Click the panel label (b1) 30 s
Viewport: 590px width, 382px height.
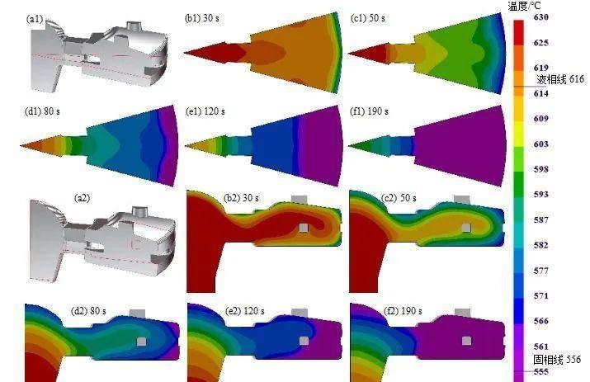click(x=202, y=17)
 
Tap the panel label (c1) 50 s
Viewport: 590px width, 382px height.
click(x=368, y=17)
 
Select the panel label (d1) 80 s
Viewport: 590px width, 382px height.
click(x=42, y=111)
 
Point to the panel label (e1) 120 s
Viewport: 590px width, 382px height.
click(x=205, y=111)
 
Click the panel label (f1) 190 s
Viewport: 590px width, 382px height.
click(x=369, y=111)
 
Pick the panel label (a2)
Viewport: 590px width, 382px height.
click(x=82, y=197)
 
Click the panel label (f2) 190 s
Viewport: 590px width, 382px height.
click(x=403, y=311)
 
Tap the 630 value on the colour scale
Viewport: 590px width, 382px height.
click(x=541, y=17)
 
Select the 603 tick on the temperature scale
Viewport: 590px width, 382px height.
click(x=541, y=144)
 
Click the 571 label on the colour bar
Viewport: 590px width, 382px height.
click(x=541, y=296)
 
